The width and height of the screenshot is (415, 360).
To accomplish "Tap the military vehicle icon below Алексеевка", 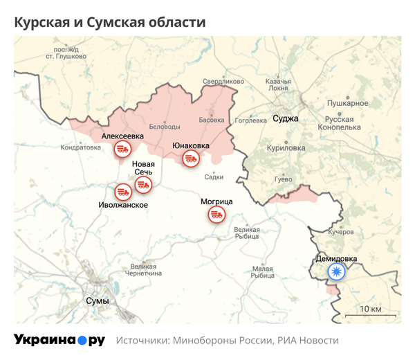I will [122, 149].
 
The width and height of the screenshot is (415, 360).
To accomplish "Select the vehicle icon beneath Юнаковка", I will [190, 159].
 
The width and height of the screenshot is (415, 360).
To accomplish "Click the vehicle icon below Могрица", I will [216, 215].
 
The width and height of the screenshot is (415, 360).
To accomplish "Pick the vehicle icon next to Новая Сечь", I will [144, 184].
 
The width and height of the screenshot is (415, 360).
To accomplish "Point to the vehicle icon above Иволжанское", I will [123, 191].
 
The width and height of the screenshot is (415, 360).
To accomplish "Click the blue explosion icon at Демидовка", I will [337, 271].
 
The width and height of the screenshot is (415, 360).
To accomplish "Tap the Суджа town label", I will [286, 118].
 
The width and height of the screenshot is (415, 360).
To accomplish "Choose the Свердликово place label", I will [223, 82].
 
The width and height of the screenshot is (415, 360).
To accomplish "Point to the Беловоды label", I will [165, 126].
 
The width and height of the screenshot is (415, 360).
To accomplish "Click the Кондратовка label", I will [81, 147].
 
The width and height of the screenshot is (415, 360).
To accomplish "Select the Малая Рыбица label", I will [263, 272].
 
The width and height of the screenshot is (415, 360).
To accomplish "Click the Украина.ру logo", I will [59, 340].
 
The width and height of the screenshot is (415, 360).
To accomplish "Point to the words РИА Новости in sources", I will [308, 341].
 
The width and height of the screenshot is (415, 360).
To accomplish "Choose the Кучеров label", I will [341, 231].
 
